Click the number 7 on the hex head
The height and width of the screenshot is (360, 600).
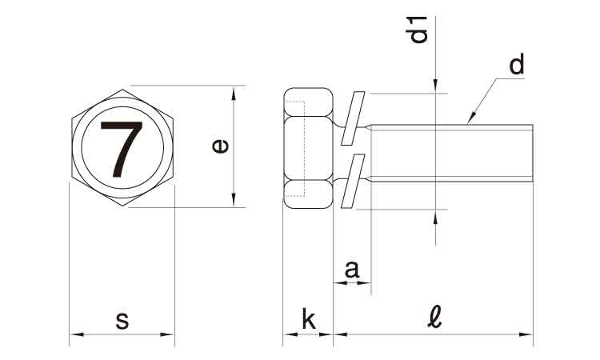122,150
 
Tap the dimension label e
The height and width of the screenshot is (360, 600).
221,146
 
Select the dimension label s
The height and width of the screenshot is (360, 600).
122,321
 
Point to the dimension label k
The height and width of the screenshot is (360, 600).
309,320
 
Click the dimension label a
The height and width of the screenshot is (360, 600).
352,270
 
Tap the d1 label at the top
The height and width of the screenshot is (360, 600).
416,30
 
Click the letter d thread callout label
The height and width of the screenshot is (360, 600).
516,64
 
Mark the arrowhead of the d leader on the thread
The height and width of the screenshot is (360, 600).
471,118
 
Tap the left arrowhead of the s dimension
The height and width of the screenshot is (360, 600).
77,334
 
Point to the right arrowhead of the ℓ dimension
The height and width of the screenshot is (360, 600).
526,334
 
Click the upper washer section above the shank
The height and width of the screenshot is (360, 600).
353,118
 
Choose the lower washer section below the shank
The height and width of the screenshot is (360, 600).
353,181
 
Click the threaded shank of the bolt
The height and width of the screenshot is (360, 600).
452,153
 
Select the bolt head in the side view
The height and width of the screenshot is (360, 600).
309,149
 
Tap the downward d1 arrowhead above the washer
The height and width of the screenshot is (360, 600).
435,86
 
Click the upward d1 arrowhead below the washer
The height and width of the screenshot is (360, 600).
435,217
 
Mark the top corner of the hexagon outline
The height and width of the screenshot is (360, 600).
122,90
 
